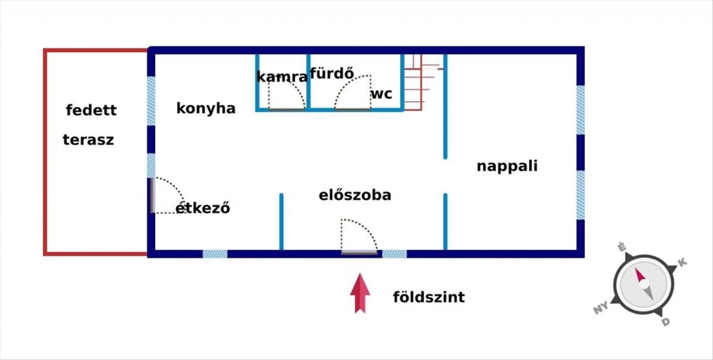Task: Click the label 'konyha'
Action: pyautogui.click(x=206, y=109)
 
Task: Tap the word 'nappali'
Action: pyautogui.click(x=507, y=166)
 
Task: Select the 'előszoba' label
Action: pyautogui.click(x=355, y=195)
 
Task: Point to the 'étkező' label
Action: pyautogui.click(x=203, y=207)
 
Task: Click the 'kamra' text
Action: pyautogui.click(x=282, y=77)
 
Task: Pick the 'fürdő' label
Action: pyautogui.click(x=332, y=73)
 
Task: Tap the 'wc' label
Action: pyautogui.click(x=381, y=94)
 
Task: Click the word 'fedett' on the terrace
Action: pyautogui.click(x=92, y=110)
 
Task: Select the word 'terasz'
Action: pyautogui.click(x=89, y=140)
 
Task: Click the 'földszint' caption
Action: pyautogui.click(x=429, y=297)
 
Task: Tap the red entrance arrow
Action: pyautogui.click(x=360, y=293)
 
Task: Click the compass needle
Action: pyautogui.click(x=644, y=284)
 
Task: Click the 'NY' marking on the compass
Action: pyautogui.click(x=601, y=308)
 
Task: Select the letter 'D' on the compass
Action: pyautogui.click(x=666, y=322)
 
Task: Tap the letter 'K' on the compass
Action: pyautogui.click(x=683, y=263)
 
